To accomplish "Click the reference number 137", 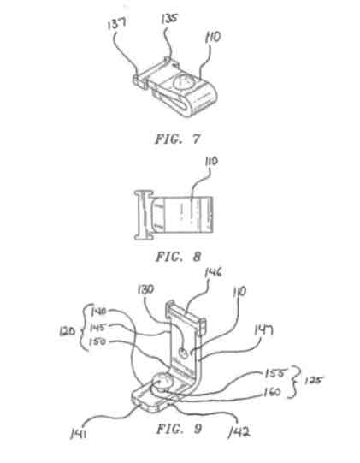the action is [117, 23].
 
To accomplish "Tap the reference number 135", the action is [169, 18].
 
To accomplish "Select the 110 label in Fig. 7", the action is [213, 37].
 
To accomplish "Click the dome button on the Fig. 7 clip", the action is [183, 81].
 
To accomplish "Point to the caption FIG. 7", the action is [178, 139].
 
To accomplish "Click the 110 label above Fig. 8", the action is [211, 162].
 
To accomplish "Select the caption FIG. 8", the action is [178, 257].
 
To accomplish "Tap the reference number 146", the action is [213, 272].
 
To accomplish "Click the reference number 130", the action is [145, 289].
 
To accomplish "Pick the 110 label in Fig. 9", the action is [239, 292].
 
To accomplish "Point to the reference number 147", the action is [263, 330].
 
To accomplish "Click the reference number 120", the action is [68, 331].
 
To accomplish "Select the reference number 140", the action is [98, 312].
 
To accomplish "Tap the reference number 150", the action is [97, 341].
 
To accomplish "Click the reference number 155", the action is [274, 373].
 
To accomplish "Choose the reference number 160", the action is [272, 392].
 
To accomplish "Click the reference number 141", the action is [78, 435].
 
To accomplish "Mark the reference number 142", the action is [239, 432].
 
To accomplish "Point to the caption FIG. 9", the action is [179, 429].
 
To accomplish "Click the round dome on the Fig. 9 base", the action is [162, 382].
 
